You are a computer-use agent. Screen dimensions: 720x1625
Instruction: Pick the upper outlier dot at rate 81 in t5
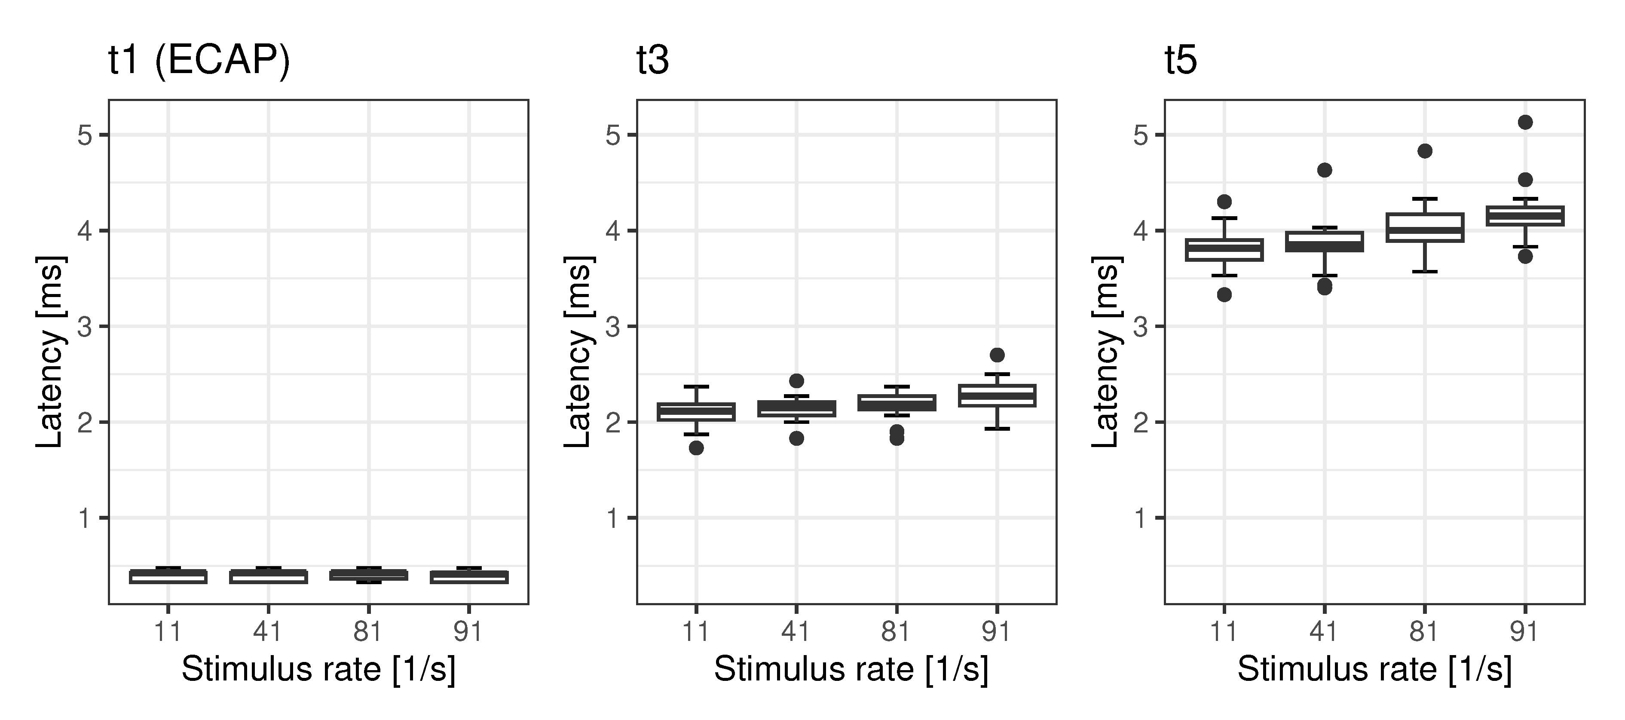tap(1424, 151)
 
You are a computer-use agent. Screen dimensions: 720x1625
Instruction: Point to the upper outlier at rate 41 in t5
tap(1324, 170)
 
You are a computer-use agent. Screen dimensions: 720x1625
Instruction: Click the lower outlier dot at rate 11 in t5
tap(1224, 295)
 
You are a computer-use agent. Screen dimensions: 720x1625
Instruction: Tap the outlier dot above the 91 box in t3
tap(997, 355)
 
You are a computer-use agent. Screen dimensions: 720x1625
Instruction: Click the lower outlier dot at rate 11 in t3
tap(696, 448)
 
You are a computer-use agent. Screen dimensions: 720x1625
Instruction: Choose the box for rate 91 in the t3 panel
tap(997, 395)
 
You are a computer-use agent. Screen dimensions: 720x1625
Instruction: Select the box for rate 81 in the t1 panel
tap(368, 575)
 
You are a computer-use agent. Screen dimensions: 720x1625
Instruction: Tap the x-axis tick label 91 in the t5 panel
tap(1524, 631)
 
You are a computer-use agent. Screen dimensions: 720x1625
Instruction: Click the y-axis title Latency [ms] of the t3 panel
tap(577, 352)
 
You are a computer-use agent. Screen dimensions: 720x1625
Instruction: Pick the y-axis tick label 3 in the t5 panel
tap(1141, 327)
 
